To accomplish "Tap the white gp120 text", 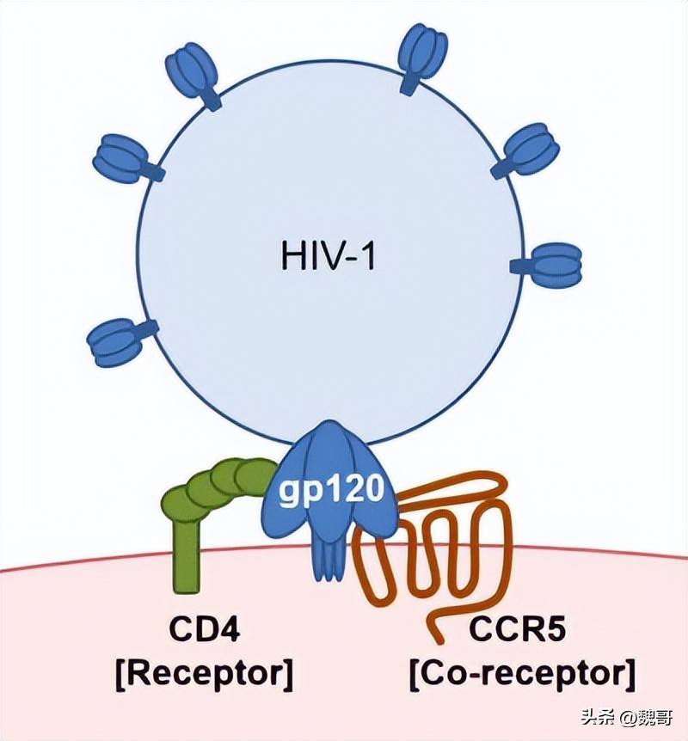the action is [x=330, y=491].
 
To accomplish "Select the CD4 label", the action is [x=205, y=629].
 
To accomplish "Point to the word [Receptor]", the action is [x=205, y=673].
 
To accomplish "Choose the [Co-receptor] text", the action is [x=522, y=673].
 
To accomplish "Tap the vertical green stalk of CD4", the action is [x=186, y=553].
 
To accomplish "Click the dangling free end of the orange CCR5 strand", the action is [x=440, y=640].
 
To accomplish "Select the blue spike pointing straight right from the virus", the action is [x=549, y=266].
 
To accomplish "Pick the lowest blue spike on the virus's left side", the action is [x=120, y=341].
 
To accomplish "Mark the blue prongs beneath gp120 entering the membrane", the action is [x=328, y=559].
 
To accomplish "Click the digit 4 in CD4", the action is [x=229, y=629].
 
